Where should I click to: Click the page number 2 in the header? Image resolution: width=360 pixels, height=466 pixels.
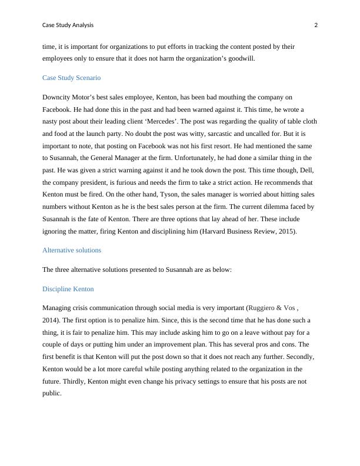(316, 25)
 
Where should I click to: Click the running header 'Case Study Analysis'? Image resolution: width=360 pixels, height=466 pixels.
(68, 25)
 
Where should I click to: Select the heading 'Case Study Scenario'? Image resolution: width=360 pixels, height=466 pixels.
(71, 78)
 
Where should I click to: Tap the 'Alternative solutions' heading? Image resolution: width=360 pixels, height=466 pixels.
(72, 250)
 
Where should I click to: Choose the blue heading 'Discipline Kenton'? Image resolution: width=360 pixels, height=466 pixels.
(68, 289)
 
